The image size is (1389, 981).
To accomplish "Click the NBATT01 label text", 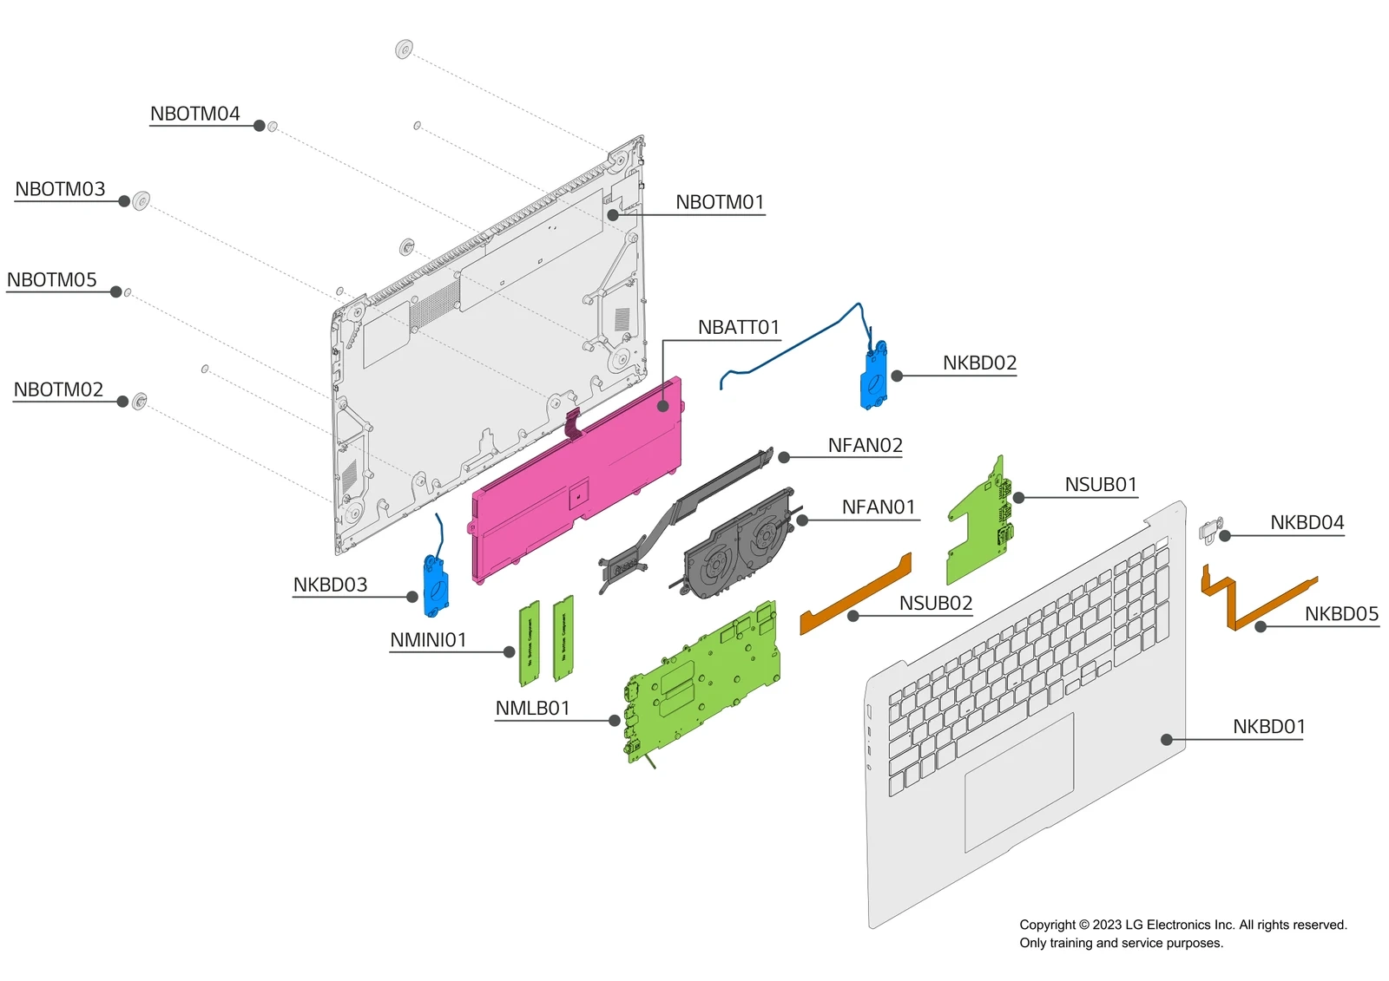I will (x=738, y=328).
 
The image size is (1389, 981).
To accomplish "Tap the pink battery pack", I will (x=573, y=486).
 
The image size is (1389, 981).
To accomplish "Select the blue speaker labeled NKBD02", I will (x=873, y=378).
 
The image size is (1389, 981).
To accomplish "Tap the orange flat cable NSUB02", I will (x=855, y=594).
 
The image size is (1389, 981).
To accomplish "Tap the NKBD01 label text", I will (x=1268, y=727).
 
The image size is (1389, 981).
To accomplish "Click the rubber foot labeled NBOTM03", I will (x=142, y=201).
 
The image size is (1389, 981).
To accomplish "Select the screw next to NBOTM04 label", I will (x=273, y=127).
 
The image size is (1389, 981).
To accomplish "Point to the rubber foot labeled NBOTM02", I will (x=140, y=401).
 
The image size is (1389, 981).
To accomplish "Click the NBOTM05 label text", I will (x=52, y=280).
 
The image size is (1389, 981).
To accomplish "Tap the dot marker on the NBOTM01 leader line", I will (x=613, y=215).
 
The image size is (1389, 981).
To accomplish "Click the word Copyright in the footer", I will (x=1047, y=925).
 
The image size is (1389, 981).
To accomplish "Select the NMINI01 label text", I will (x=428, y=640).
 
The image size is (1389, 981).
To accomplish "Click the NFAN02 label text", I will (x=865, y=446).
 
